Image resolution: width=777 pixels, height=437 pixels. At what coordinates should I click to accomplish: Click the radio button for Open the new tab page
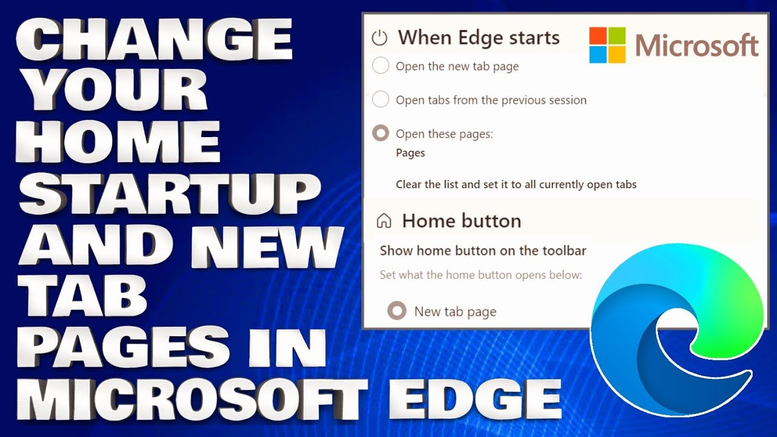381,66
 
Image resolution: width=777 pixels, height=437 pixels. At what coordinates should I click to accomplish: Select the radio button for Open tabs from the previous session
381,99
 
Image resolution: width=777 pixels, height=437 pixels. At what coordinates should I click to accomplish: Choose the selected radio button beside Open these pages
381,133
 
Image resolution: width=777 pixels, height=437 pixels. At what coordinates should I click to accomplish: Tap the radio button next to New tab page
397,311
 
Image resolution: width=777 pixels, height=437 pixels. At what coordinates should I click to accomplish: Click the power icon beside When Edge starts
379,38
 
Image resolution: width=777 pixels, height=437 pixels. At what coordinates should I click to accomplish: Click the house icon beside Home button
384,220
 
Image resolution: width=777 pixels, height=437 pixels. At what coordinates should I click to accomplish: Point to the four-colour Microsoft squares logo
607,45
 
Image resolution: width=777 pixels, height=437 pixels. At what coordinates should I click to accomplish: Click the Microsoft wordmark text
697,46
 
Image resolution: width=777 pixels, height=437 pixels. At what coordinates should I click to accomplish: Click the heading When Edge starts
478,38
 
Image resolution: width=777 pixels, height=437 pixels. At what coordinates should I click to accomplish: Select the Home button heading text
461,220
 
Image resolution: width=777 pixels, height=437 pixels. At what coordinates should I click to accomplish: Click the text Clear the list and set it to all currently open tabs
516,184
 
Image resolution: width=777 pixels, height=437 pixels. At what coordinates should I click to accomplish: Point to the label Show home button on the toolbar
483,250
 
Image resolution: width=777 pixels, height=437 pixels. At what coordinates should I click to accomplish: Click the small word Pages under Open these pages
410,152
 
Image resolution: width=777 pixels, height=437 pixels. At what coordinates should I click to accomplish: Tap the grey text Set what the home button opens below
481,274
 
